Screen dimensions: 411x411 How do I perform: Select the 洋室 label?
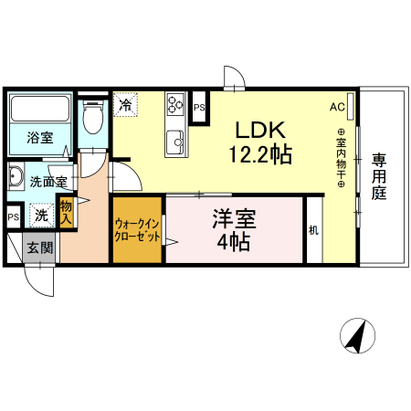pyautogui.click(x=235, y=219)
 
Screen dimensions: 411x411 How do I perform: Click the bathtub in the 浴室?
pyautogui.click(x=40, y=111)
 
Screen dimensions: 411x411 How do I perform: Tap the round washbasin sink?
pyautogui.click(x=17, y=176)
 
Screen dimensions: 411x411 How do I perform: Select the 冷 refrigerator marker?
pyautogui.click(x=125, y=104)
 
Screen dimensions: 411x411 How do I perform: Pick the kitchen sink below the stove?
pyautogui.click(x=175, y=141)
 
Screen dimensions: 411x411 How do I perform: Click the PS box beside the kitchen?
pyautogui.click(x=200, y=107)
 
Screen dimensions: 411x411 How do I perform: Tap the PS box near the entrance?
pyautogui.click(x=13, y=217)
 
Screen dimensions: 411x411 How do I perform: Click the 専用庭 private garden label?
pyautogui.click(x=380, y=176)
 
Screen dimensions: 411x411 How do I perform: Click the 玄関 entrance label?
pyautogui.click(x=39, y=247)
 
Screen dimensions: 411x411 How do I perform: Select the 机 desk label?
pyautogui.click(x=313, y=231)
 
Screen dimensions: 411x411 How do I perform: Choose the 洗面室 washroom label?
pyautogui.click(x=47, y=182)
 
